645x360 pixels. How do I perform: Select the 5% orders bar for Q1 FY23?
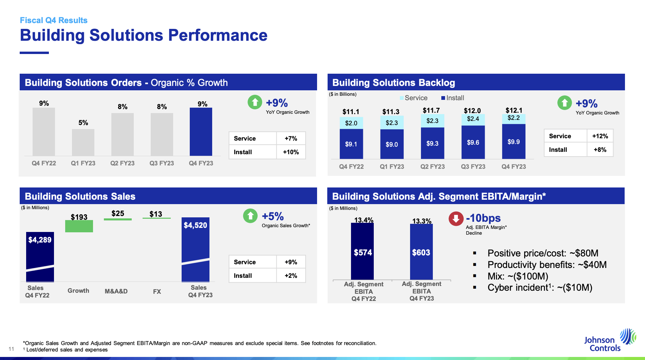click(x=83, y=142)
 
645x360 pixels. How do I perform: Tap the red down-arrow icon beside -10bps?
click(x=456, y=219)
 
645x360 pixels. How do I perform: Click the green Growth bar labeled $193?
click(x=79, y=226)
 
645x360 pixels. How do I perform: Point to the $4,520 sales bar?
click(x=196, y=250)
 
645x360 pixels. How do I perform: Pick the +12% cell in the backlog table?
click(x=600, y=136)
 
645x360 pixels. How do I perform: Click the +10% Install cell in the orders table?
click(x=291, y=152)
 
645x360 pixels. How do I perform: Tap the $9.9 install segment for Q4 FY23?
click(x=514, y=141)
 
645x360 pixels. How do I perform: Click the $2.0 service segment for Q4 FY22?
click(x=351, y=123)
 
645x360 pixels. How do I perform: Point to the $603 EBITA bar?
click(x=421, y=252)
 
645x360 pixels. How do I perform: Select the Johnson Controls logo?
click(x=609, y=340)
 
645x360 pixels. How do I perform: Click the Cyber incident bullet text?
click(x=540, y=288)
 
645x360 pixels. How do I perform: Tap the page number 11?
click(x=11, y=349)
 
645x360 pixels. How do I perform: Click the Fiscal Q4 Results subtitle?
click(x=54, y=20)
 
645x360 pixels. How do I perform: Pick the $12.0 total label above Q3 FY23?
click(x=472, y=111)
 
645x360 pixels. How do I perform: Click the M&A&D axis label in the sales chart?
click(x=116, y=291)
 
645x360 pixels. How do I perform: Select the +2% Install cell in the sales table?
click(x=291, y=276)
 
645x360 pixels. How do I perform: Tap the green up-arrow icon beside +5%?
click(x=251, y=216)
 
